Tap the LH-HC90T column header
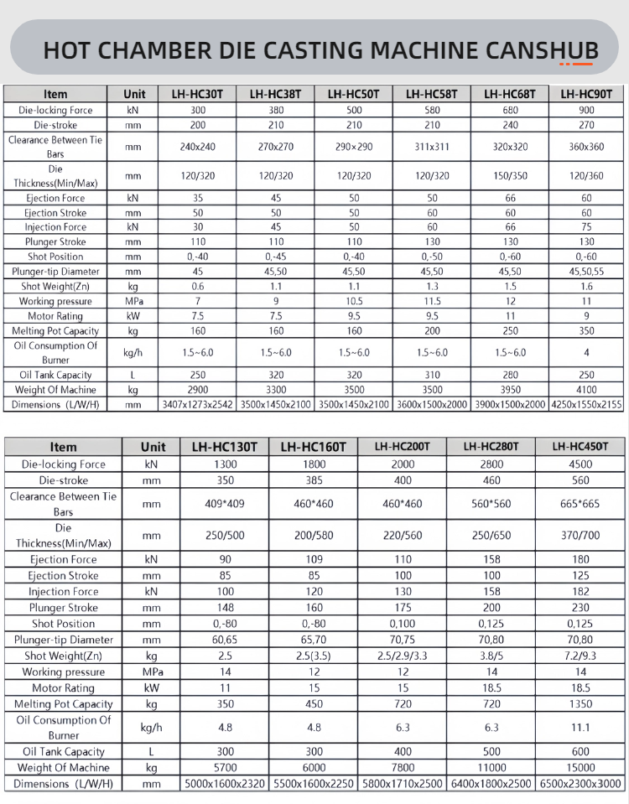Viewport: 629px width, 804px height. pyautogui.click(x=586, y=94)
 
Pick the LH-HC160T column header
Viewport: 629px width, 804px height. pyautogui.click(x=312, y=447)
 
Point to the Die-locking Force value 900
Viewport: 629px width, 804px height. pyautogui.click(x=586, y=110)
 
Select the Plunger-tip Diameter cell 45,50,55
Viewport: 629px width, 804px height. pyautogui.click(x=586, y=272)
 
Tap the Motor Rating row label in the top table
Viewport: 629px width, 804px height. pyautogui.click(x=55, y=316)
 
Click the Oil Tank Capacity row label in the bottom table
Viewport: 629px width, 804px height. pyautogui.click(x=64, y=752)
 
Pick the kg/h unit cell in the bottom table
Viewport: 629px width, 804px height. pyautogui.click(x=153, y=728)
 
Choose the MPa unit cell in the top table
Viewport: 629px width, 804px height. pyautogui.click(x=133, y=301)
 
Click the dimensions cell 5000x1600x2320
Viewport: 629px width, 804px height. pyautogui.click(x=225, y=784)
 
